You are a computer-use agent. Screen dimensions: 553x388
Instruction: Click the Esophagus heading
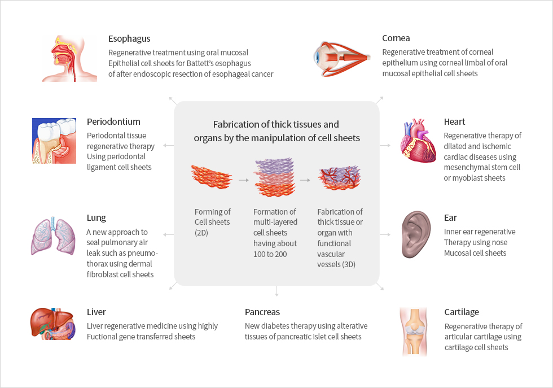click(x=129, y=39)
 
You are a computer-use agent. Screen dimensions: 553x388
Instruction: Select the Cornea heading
click(x=396, y=38)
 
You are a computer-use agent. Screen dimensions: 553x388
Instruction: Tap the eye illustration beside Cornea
click(x=341, y=59)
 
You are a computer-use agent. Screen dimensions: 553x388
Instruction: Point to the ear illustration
click(x=416, y=234)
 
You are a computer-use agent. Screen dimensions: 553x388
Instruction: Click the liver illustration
click(x=53, y=324)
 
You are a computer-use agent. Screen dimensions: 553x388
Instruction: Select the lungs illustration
click(x=53, y=236)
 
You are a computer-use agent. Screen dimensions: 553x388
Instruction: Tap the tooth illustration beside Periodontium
click(x=54, y=141)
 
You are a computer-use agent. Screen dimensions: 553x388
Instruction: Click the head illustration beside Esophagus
click(x=69, y=59)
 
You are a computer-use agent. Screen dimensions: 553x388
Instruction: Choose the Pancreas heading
click(x=262, y=312)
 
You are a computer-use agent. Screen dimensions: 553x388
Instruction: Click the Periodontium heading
click(x=113, y=122)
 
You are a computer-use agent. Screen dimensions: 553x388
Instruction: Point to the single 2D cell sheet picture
click(x=212, y=176)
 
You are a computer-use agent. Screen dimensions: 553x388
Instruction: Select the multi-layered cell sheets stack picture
click(x=274, y=177)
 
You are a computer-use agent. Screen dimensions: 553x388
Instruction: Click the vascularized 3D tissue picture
click(x=339, y=178)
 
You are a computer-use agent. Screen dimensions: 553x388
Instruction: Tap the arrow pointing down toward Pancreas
click(x=276, y=291)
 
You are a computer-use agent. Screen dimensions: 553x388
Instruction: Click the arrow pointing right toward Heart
click(x=385, y=145)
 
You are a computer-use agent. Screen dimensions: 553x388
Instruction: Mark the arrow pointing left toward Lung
click(x=168, y=234)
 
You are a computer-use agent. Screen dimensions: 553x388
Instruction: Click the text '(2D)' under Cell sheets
click(x=201, y=233)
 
